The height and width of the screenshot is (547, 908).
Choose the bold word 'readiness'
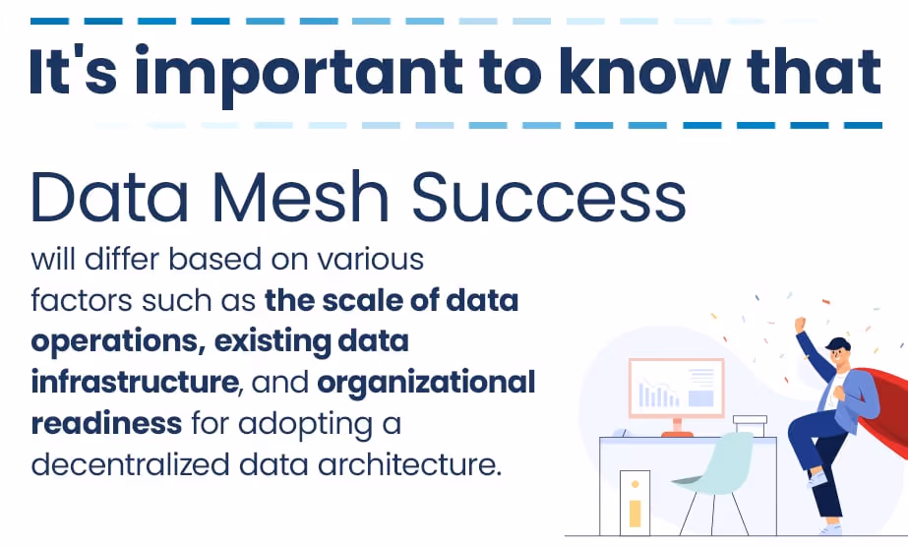coord(106,422)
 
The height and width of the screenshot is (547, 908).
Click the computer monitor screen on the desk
coord(676,390)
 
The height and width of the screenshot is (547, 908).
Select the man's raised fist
coord(801,323)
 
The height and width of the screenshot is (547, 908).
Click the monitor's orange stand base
coord(677,433)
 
